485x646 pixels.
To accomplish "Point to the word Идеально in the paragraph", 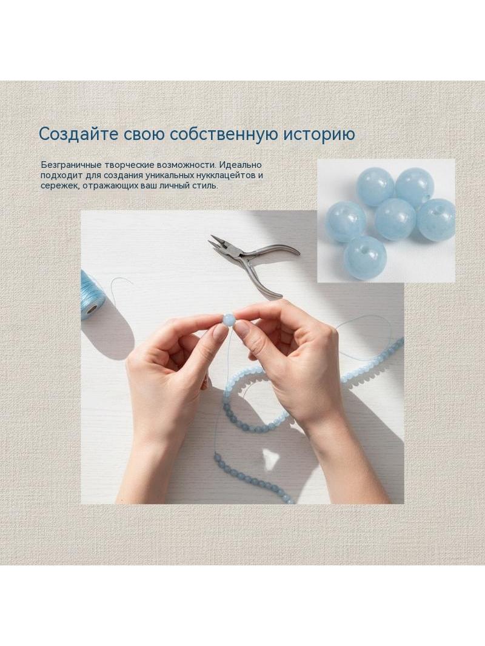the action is click(x=240, y=165).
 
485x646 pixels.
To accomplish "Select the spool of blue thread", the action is click(x=92, y=295).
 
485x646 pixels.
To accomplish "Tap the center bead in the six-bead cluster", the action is click(x=395, y=219).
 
